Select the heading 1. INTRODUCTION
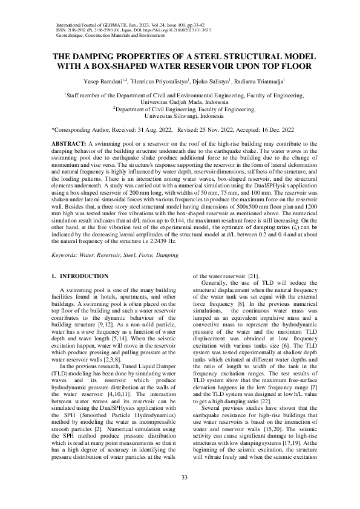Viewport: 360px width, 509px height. [80, 276]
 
